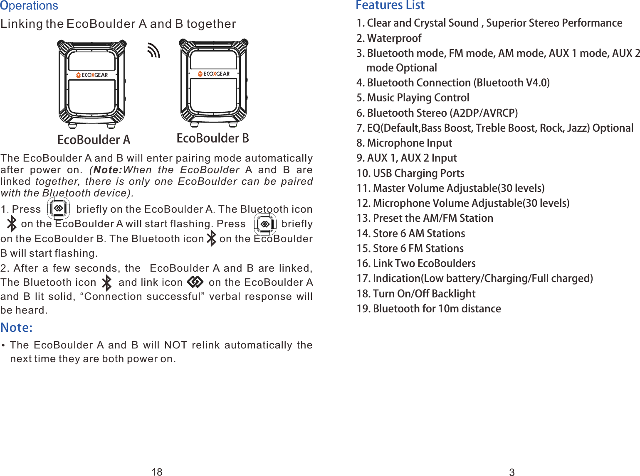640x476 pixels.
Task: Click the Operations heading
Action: [x=29, y=6]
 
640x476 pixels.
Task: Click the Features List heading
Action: [x=390, y=5]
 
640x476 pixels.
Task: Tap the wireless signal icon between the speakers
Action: [x=153, y=51]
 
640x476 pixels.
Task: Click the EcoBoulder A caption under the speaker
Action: [x=94, y=140]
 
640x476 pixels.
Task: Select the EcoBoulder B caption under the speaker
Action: [x=213, y=138]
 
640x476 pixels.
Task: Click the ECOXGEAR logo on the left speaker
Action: [x=92, y=75]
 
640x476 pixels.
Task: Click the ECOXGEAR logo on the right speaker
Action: [x=214, y=74]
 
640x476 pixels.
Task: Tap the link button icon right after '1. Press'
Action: [x=58, y=209]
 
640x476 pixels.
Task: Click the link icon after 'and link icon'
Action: [x=195, y=282]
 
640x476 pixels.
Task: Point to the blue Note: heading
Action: [x=17, y=328]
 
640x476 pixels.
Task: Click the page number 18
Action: [x=157, y=471]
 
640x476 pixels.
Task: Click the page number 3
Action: [x=512, y=472]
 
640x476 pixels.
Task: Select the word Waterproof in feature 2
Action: [x=394, y=38]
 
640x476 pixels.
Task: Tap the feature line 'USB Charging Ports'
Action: [x=418, y=173]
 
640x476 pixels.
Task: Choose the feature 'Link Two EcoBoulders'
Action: [x=424, y=263]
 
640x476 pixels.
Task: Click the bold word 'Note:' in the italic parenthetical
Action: [x=108, y=170]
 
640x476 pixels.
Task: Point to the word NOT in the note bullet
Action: [x=175, y=345]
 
